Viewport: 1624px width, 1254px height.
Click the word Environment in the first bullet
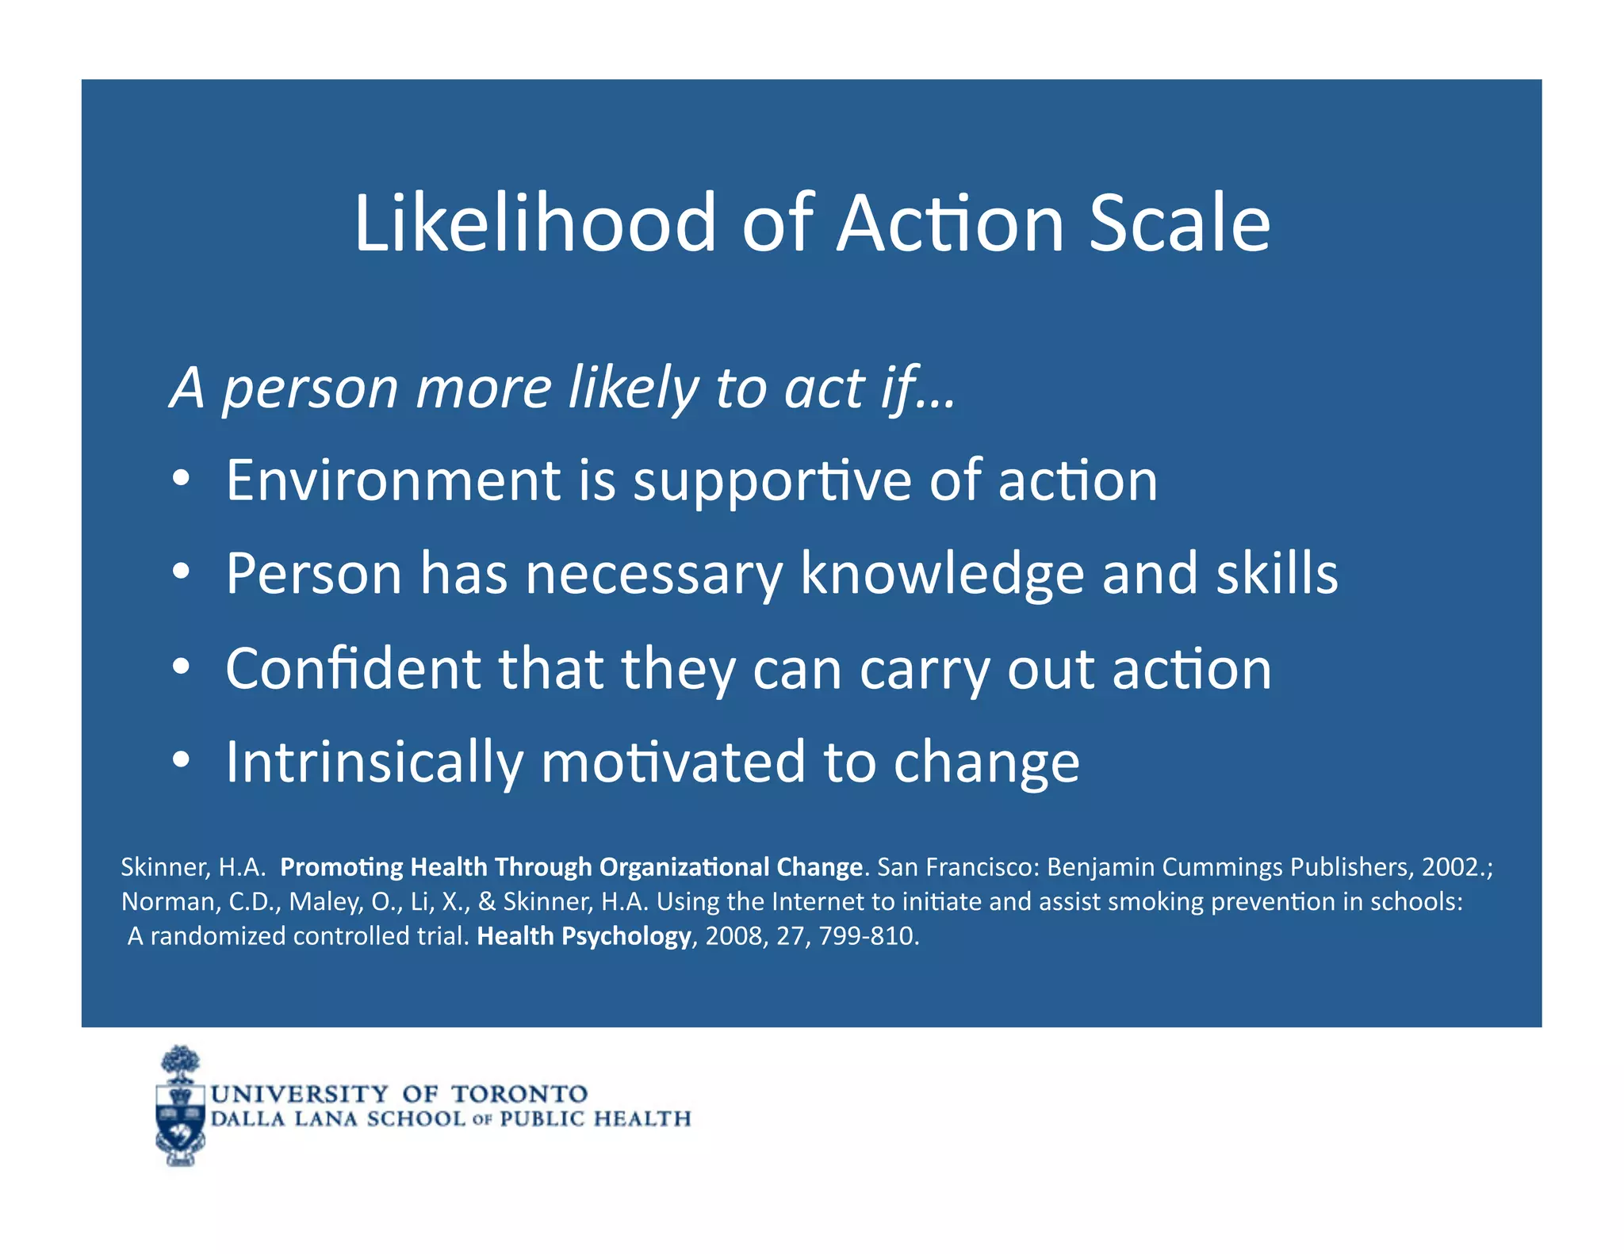[393, 480]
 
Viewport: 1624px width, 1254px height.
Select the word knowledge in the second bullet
[941, 573]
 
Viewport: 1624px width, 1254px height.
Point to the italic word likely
[634, 388]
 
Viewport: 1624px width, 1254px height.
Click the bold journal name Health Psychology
[584, 936]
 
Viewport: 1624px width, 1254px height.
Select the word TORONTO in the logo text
[519, 1095]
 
